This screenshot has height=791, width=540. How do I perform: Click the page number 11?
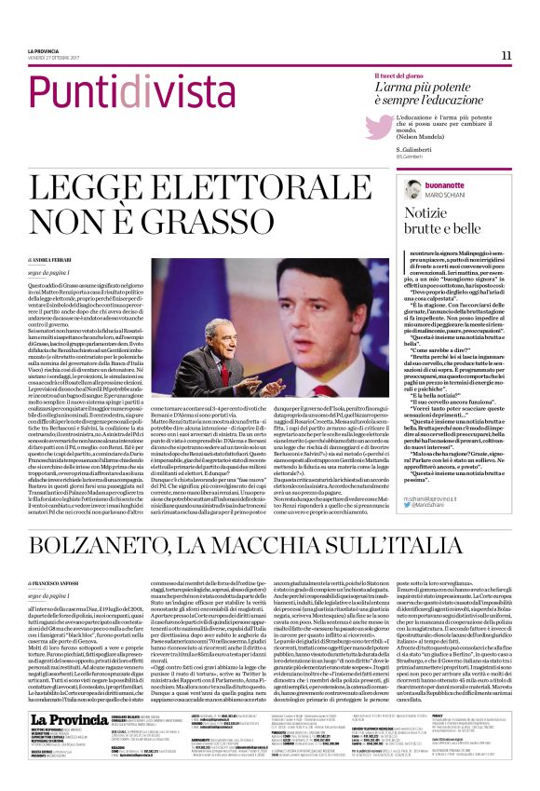pyautogui.click(x=506, y=55)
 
